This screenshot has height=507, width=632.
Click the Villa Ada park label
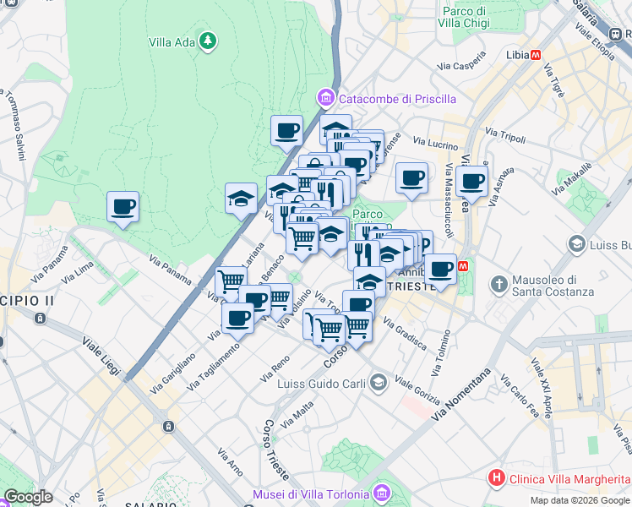[172, 41]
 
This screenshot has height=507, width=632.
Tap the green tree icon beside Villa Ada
[208, 41]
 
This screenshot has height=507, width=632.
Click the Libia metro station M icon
[536, 55]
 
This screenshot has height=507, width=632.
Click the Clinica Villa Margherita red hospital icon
[496, 478]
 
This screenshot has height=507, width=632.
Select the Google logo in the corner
[28, 497]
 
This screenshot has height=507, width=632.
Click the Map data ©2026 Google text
[580, 500]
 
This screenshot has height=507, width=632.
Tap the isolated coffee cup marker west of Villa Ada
[123, 207]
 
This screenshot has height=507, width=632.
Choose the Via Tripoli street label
[505, 135]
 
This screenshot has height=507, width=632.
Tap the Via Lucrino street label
[437, 145]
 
